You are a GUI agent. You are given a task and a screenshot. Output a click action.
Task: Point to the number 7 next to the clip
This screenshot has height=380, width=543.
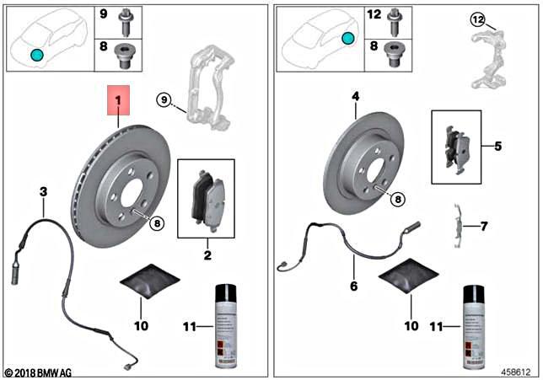(x=483, y=227)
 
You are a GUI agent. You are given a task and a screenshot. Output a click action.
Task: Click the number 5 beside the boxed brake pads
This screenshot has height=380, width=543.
(x=498, y=145)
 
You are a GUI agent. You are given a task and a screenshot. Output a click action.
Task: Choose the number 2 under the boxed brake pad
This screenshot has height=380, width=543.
(x=206, y=252)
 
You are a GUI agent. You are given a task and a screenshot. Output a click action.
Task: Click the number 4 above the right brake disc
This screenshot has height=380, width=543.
(x=356, y=97)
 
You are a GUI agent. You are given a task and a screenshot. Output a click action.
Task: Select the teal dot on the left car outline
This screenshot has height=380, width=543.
(x=35, y=55)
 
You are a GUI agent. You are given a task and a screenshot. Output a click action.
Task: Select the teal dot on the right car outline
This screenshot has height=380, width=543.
(x=347, y=39)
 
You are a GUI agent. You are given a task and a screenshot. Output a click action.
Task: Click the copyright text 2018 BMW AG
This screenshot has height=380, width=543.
(x=40, y=371)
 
